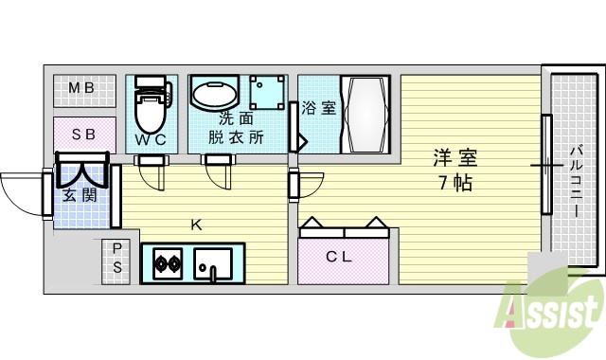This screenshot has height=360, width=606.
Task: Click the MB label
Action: click(81, 89)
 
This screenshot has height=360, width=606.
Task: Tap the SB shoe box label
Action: click(83, 135)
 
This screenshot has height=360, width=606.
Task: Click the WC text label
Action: click(150, 140)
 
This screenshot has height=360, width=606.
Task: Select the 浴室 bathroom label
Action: click(319, 108)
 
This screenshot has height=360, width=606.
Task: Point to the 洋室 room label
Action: click(455, 157)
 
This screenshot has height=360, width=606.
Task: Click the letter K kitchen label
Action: click(196, 225)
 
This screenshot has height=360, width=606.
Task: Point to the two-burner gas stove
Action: click(168, 263)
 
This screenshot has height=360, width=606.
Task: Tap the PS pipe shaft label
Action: click(117, 258)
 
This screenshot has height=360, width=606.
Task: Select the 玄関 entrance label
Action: click(78, 196)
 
